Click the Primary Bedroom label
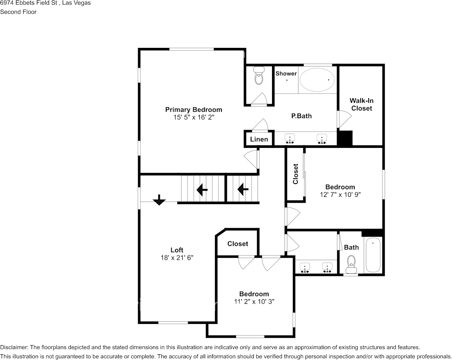point(194,110)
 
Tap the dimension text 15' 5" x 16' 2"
point(194,117)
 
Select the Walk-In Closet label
point(361,105)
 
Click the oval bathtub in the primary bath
point(317,80)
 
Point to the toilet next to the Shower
point(259,75)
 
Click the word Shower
point(286,73)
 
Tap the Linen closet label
point(259,140)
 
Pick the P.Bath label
point(301,116)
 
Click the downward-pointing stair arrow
point(159,200)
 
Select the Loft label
point(177,250)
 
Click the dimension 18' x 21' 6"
point(177,258)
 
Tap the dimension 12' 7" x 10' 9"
point(340,195)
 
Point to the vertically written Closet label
point(296,174)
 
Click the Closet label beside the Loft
point(237,244)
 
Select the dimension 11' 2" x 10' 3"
point(254,301)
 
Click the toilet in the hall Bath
point(352,264)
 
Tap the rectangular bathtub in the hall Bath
point(373,255)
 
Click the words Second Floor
point(18,12)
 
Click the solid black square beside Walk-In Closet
point(345,138)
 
